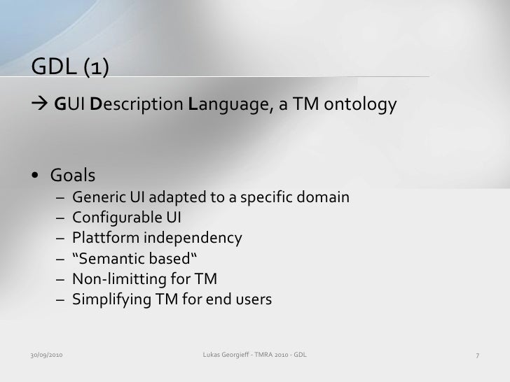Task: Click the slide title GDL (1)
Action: (69, 66)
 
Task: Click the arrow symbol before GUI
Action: (41, 105)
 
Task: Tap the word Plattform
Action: (100, 238)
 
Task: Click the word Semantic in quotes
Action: (105, 259)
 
